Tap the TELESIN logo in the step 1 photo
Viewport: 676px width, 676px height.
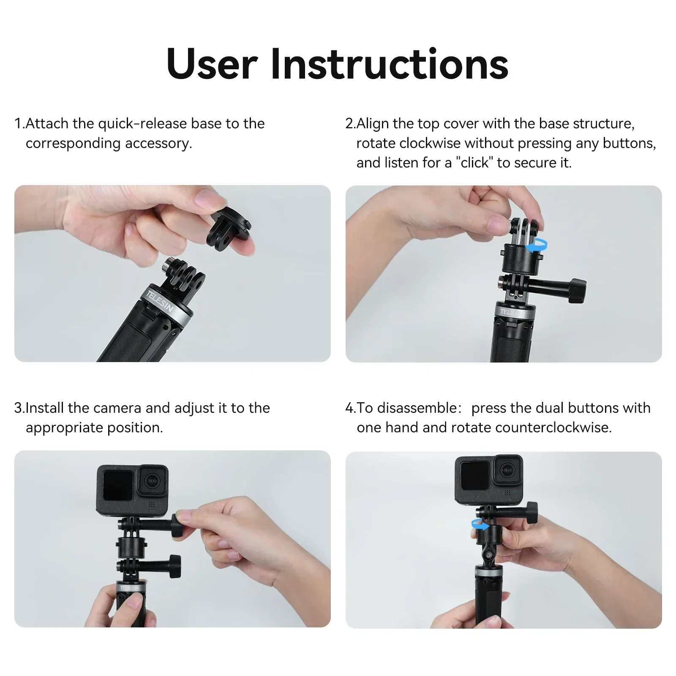coord(160,301)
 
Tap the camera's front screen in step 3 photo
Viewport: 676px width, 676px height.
coord(117,485)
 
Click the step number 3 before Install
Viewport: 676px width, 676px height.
coord(18,408)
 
